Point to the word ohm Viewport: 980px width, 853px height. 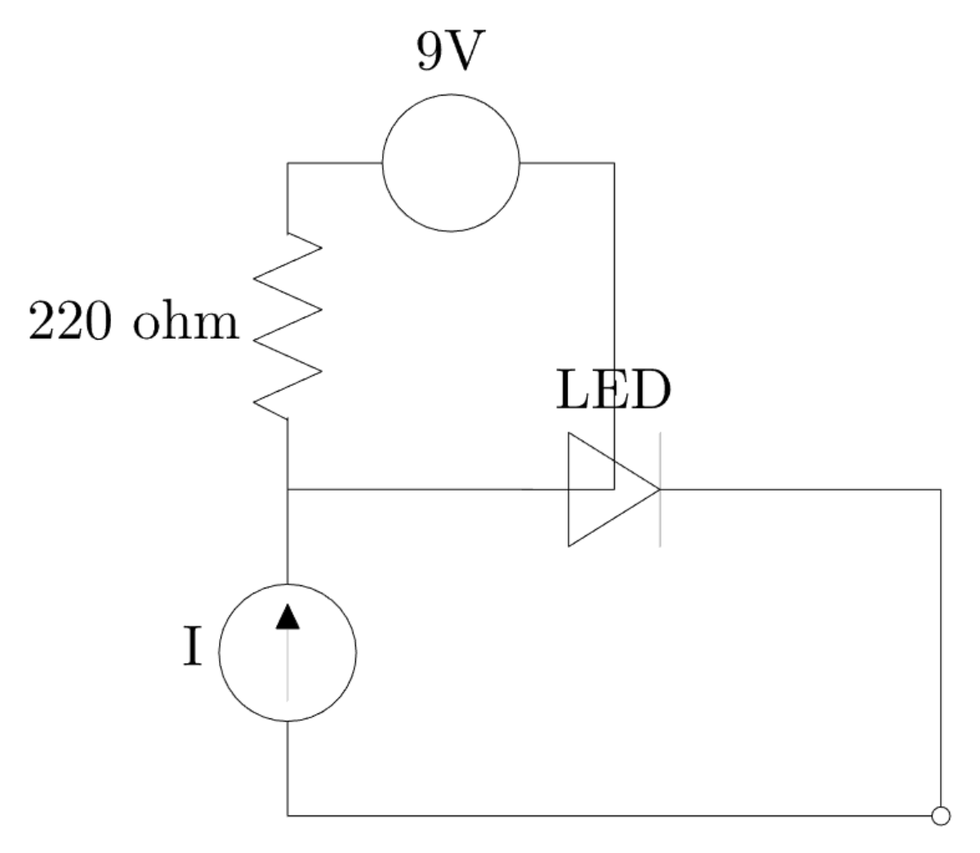[186, 323]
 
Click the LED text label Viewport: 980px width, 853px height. [612, 391]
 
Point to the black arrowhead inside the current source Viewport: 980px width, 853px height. [287, 616]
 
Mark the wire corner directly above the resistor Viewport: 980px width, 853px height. [287, 163]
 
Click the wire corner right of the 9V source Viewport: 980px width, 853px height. [614, 163]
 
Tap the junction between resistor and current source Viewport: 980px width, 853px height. [287, 490]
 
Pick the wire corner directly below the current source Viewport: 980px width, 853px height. [287, 815]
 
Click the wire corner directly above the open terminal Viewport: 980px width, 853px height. [941, 490]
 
